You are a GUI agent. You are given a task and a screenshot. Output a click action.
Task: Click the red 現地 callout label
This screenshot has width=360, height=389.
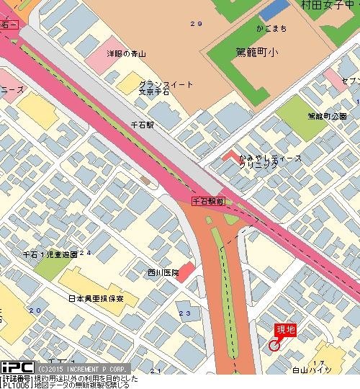[286, 330]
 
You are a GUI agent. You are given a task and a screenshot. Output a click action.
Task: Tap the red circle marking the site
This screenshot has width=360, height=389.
[274, 345]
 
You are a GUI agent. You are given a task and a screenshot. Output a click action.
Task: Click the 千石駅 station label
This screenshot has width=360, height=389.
[142, 125]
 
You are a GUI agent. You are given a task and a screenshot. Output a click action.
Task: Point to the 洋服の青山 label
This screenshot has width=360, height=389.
[126, 54]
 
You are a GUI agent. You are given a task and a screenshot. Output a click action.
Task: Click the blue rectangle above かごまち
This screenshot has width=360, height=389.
[273, 11]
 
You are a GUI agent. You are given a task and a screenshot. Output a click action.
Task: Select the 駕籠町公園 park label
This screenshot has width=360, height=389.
[327, 116]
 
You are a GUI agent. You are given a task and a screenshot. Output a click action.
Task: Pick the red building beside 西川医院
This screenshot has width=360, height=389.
[186, 272]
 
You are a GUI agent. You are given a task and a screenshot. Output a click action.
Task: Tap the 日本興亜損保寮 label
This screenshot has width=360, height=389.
[95, 298]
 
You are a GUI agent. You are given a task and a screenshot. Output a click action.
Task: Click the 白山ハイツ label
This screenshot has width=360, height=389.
[311, 370]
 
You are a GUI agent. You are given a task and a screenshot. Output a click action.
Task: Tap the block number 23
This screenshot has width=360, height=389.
[185, 313]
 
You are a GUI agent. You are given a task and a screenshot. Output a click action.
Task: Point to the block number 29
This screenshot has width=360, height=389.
[196, 24]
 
